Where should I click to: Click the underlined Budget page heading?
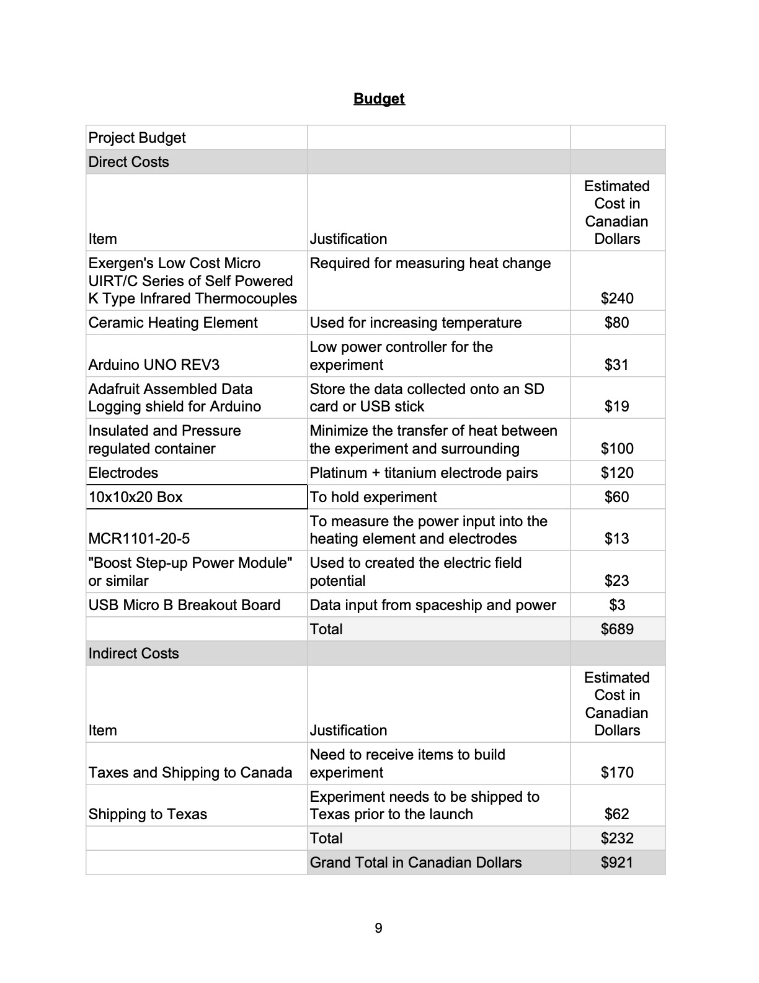379,99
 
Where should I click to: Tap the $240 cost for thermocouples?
617,298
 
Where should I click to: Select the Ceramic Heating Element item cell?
173,323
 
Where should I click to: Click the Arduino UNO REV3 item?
154,365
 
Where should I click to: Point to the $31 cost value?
617,365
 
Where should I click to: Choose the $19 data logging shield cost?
617,406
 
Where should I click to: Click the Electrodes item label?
123,473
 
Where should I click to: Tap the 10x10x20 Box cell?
136,497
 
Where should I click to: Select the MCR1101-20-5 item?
139,539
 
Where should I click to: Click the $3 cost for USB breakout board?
617,605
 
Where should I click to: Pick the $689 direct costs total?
617,629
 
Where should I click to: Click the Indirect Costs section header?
133,653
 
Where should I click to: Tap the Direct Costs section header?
128,162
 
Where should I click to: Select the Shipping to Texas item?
148,814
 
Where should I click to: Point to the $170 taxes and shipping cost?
617,773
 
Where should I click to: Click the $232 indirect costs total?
617,838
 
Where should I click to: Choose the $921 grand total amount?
617,863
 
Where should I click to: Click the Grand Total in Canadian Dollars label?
415,863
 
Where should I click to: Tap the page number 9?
379,928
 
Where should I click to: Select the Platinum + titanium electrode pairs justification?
424,473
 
